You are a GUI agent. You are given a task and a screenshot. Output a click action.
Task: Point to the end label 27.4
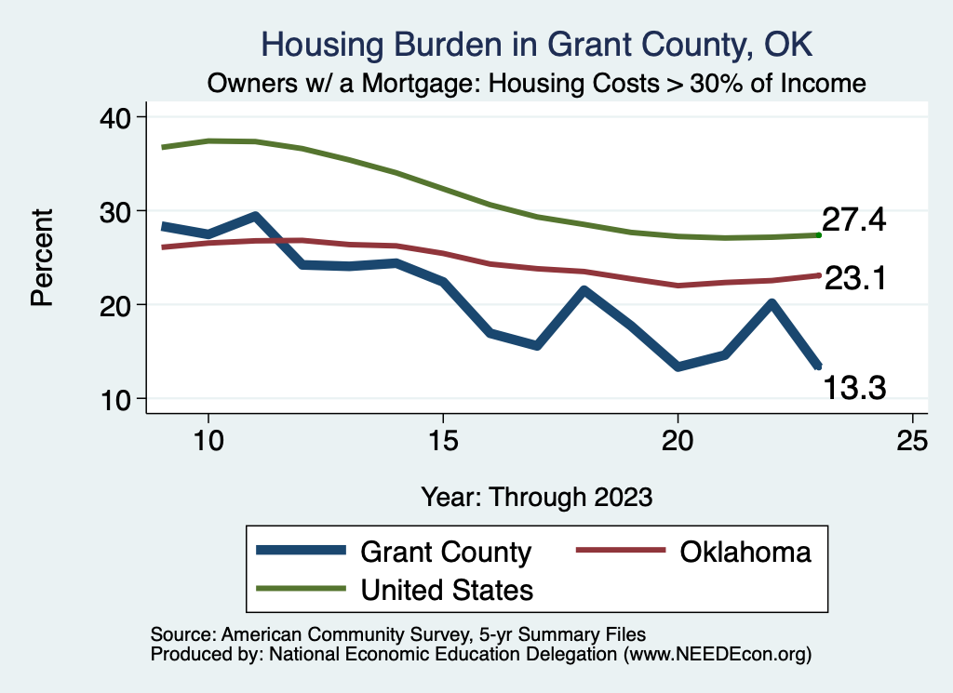pyautogui.click(x=854, y=221)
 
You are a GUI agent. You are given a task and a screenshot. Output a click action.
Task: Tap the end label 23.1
pyautogui.click(x=854, y=277)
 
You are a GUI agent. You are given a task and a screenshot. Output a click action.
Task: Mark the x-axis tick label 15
pyautogui.click(x=443, y=441)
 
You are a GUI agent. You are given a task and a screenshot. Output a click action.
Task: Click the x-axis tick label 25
pyautogui.click(x=912, y=441)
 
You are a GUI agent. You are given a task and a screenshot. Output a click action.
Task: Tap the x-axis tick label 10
pyautogui.click(x=208, y=441)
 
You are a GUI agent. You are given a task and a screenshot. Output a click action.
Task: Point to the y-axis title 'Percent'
pyautogui.click(x=41, y=257)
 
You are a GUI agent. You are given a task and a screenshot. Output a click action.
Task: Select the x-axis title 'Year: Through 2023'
pyautogui.click(x=536, y=496)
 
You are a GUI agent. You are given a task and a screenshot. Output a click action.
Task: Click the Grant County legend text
pyautogui.click(x=445, y=552)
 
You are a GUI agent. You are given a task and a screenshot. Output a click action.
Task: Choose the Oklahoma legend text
pyautogui.click(x=745, y=552)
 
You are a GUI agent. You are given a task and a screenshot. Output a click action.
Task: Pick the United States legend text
pyautogui.click(x=447, y=589)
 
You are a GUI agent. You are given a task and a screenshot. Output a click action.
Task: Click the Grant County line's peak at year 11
pyautogui.click(x=255, y=216)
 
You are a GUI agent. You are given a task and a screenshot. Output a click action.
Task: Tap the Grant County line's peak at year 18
pyautogui.click(x=584, y=291)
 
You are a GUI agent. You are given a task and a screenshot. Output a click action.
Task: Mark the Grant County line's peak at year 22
pyautogui.click(x=771, y=303)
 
